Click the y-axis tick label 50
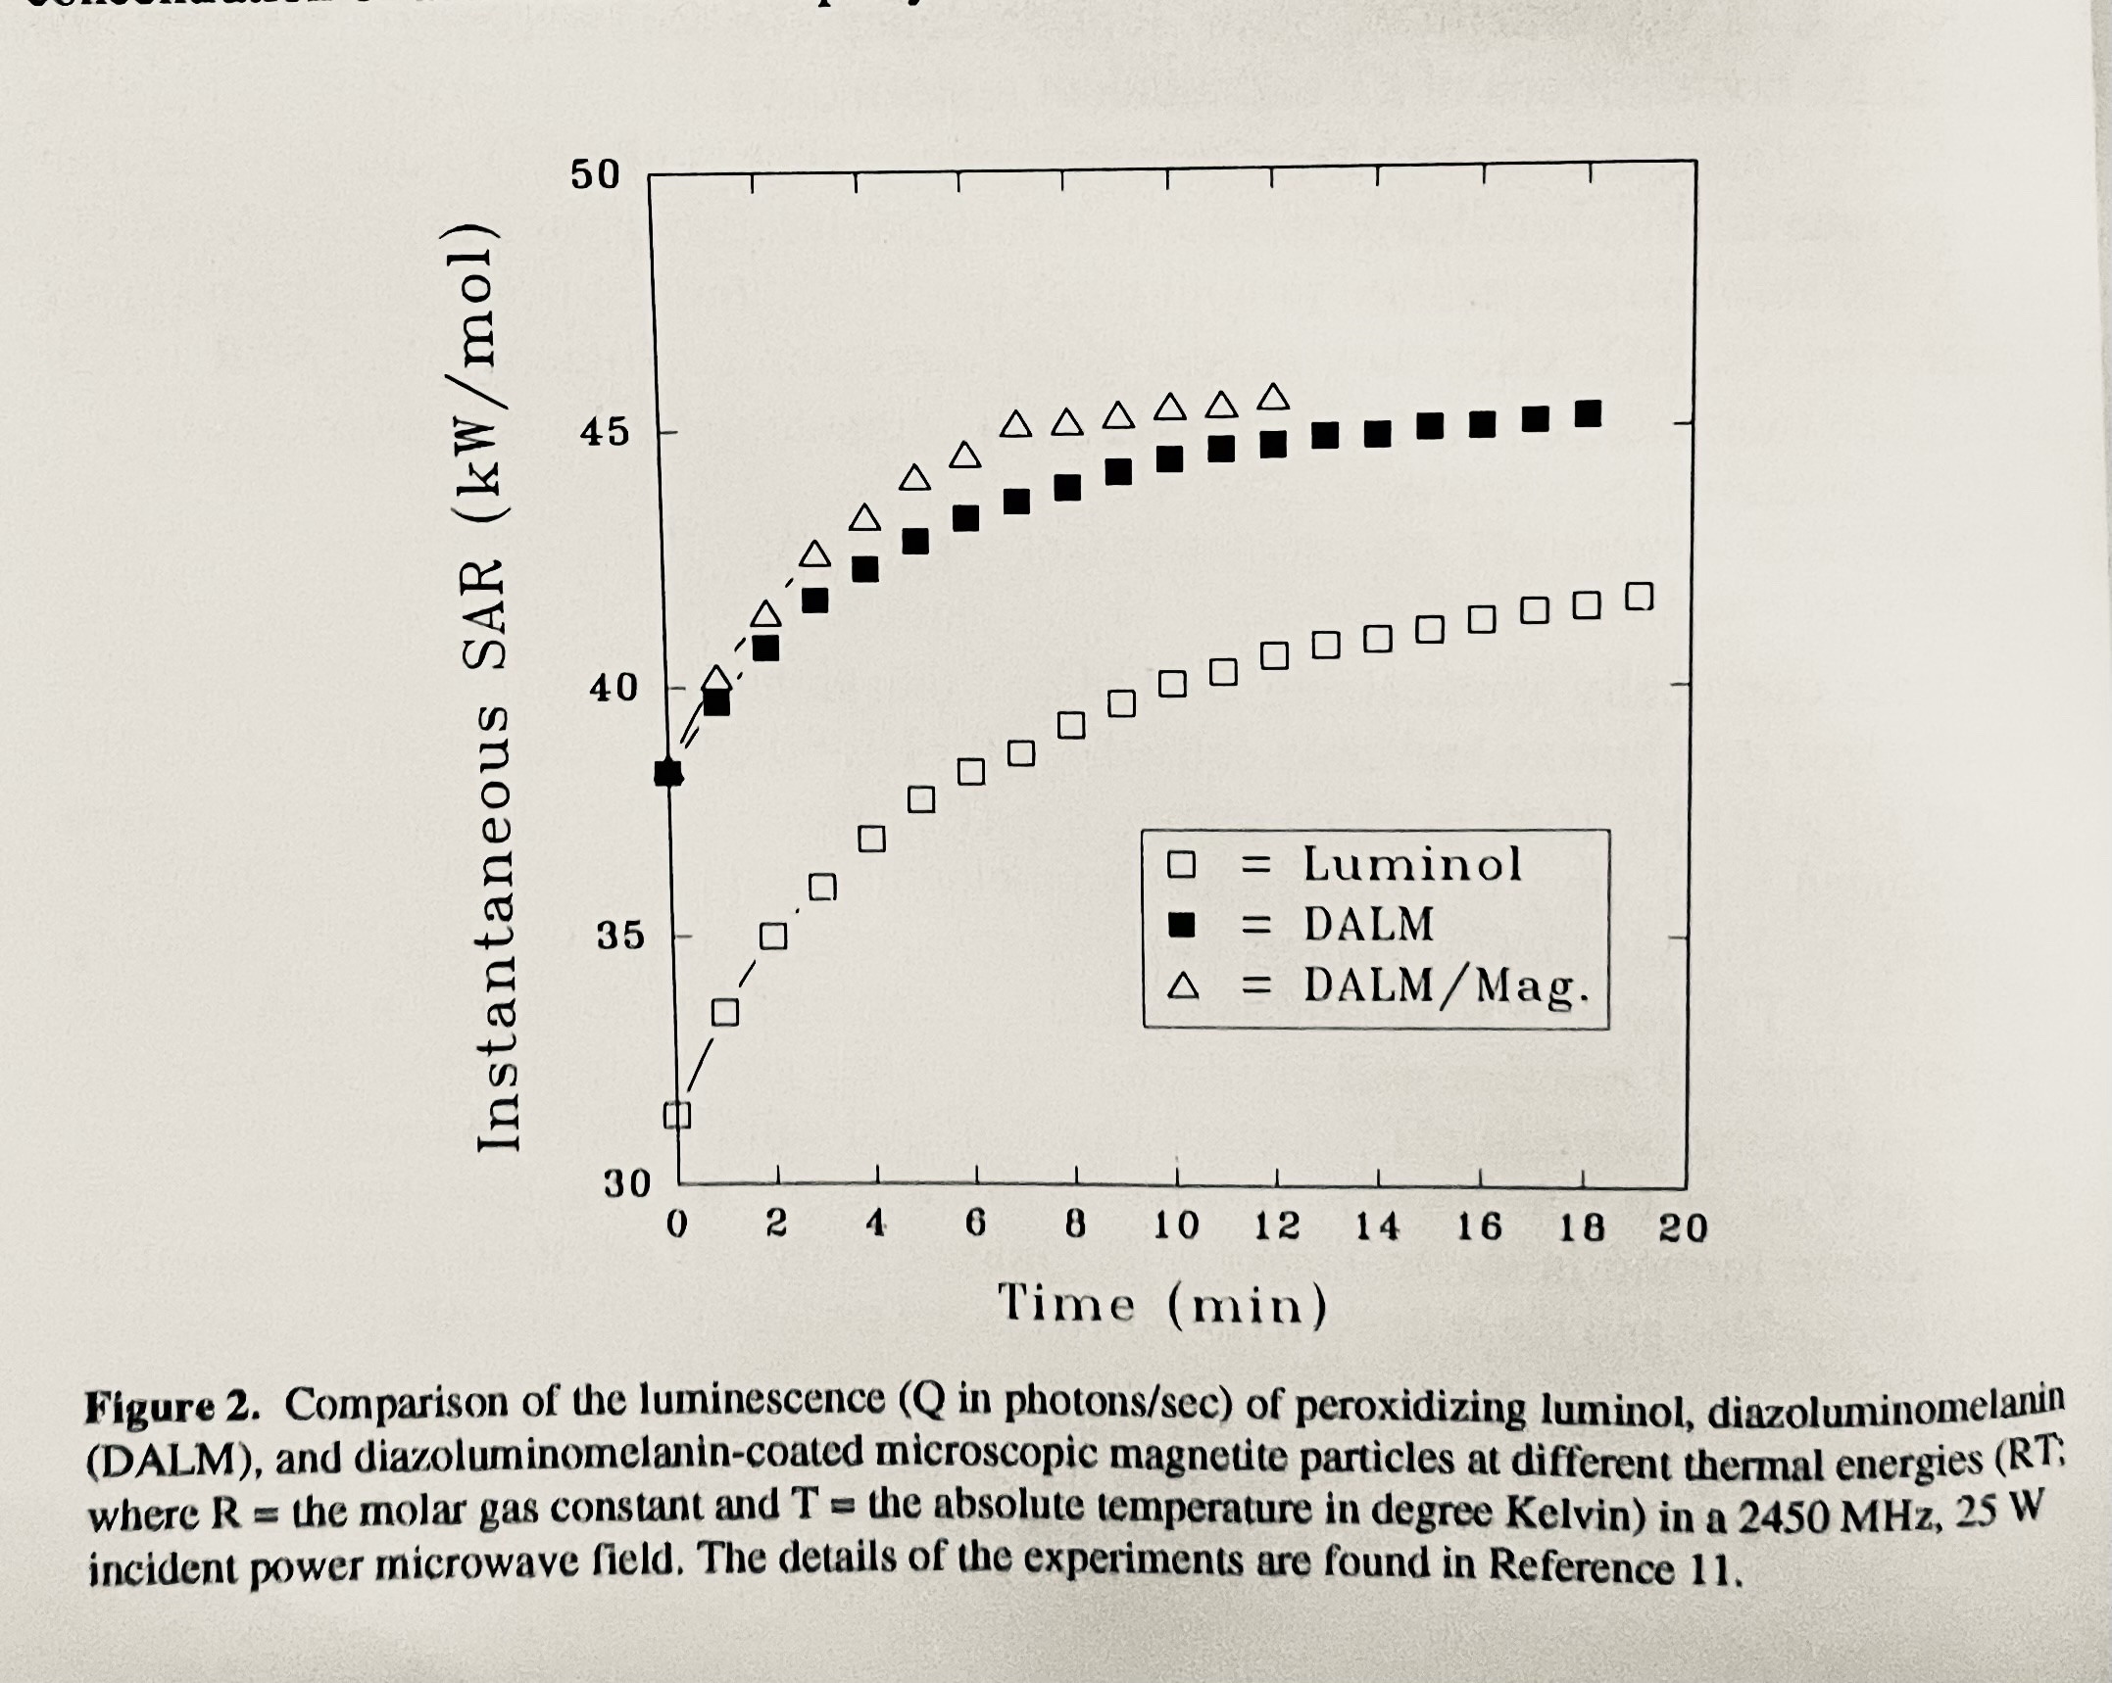coord(595,175)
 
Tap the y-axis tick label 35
coord(621,937)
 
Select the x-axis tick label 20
coord(1683,1227)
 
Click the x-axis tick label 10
coord(1175,1226)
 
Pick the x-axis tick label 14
coord(1377,1226)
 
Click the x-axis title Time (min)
coord(1162,1305)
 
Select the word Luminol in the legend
coord(1411,864)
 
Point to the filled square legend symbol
coord(1183,925)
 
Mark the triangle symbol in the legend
coord(1183,986)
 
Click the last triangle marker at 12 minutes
coord(1273,397)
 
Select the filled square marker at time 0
coord(668,773)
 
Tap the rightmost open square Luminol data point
coord(1639,596)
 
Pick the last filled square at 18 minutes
coord(1588,414)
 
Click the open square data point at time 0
coord(677,1115)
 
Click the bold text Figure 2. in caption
coord(172,1407)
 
